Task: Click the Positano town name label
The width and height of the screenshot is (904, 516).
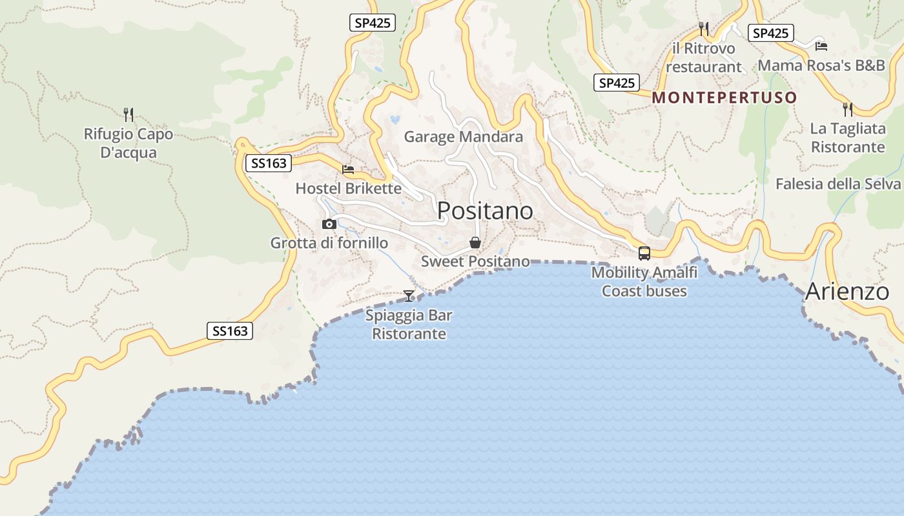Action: click(485, 211)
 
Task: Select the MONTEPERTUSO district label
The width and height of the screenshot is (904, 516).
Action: click(724, 98)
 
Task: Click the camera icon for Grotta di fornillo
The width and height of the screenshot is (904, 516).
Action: click(329, 224)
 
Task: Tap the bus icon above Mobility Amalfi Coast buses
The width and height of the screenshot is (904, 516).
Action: click(644, 253)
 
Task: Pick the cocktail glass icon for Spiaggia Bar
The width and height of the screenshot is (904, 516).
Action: click(409, 295)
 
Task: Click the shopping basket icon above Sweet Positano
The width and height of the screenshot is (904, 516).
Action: click(475, 243)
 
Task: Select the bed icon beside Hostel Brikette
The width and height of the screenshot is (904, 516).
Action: click(348, 170)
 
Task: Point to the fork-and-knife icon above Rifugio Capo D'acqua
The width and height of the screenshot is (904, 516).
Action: click(128, 115)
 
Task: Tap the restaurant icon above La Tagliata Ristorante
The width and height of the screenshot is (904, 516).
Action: click(847, 110)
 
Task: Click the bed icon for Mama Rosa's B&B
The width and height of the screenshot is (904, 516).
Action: click(821, 46)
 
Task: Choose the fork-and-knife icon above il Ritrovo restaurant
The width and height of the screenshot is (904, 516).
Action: click(704, 29)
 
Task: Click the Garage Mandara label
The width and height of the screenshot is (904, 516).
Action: click(463, 137)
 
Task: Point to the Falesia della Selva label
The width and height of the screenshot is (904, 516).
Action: click(837, 184)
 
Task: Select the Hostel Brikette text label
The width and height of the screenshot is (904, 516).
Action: click(348, 188)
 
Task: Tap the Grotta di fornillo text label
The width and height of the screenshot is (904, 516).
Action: click(329, 243)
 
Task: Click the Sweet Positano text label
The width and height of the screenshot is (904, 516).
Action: click(475, 261)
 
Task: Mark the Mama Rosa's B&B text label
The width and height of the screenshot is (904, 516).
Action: click(821, 65)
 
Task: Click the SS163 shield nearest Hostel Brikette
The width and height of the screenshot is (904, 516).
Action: click(269, 163)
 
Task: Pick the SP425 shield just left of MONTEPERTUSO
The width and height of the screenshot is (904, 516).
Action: click(617, 83)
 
